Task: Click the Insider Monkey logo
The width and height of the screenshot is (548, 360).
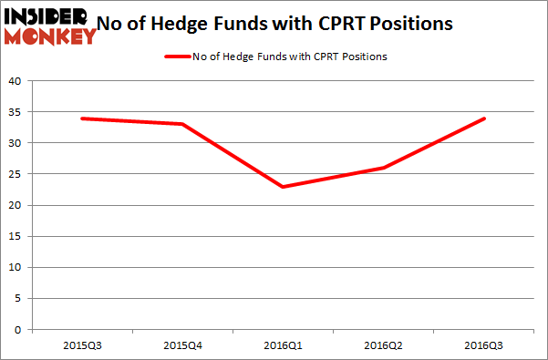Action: tap(50, 26)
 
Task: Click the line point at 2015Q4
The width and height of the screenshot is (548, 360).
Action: tap(182, 124)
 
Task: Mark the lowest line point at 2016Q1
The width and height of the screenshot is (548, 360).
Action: tap(284, 187)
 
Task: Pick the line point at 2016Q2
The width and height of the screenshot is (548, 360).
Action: tap(384, 168)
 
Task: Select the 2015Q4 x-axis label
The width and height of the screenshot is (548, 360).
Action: tap(182, 346)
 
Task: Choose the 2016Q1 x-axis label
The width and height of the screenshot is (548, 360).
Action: tap(284, 346)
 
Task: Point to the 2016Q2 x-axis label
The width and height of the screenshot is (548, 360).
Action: tap(384, 346)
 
